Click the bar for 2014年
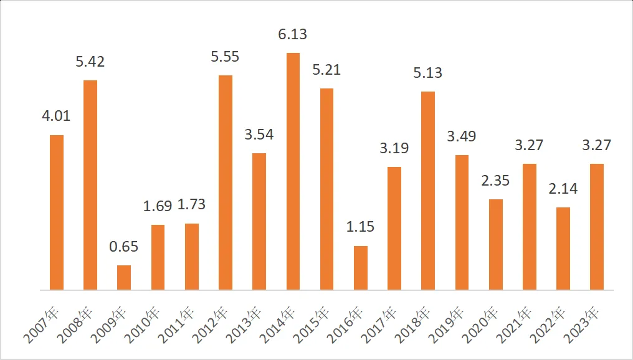click(293, 171)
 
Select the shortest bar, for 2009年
click(124, 278)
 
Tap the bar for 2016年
click(360, 268)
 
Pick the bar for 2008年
click(90, 185)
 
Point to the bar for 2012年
click(226, 182)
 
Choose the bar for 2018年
click(428, 191)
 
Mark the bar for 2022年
click(563, 249)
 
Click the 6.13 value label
click(293, 34)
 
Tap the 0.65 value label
click(123, 246)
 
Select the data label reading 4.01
click(56, 116)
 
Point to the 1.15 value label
click(360, 227)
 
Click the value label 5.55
click(225, 57)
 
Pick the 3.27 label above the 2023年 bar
click(596, 145)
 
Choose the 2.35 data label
click(495, 181)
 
